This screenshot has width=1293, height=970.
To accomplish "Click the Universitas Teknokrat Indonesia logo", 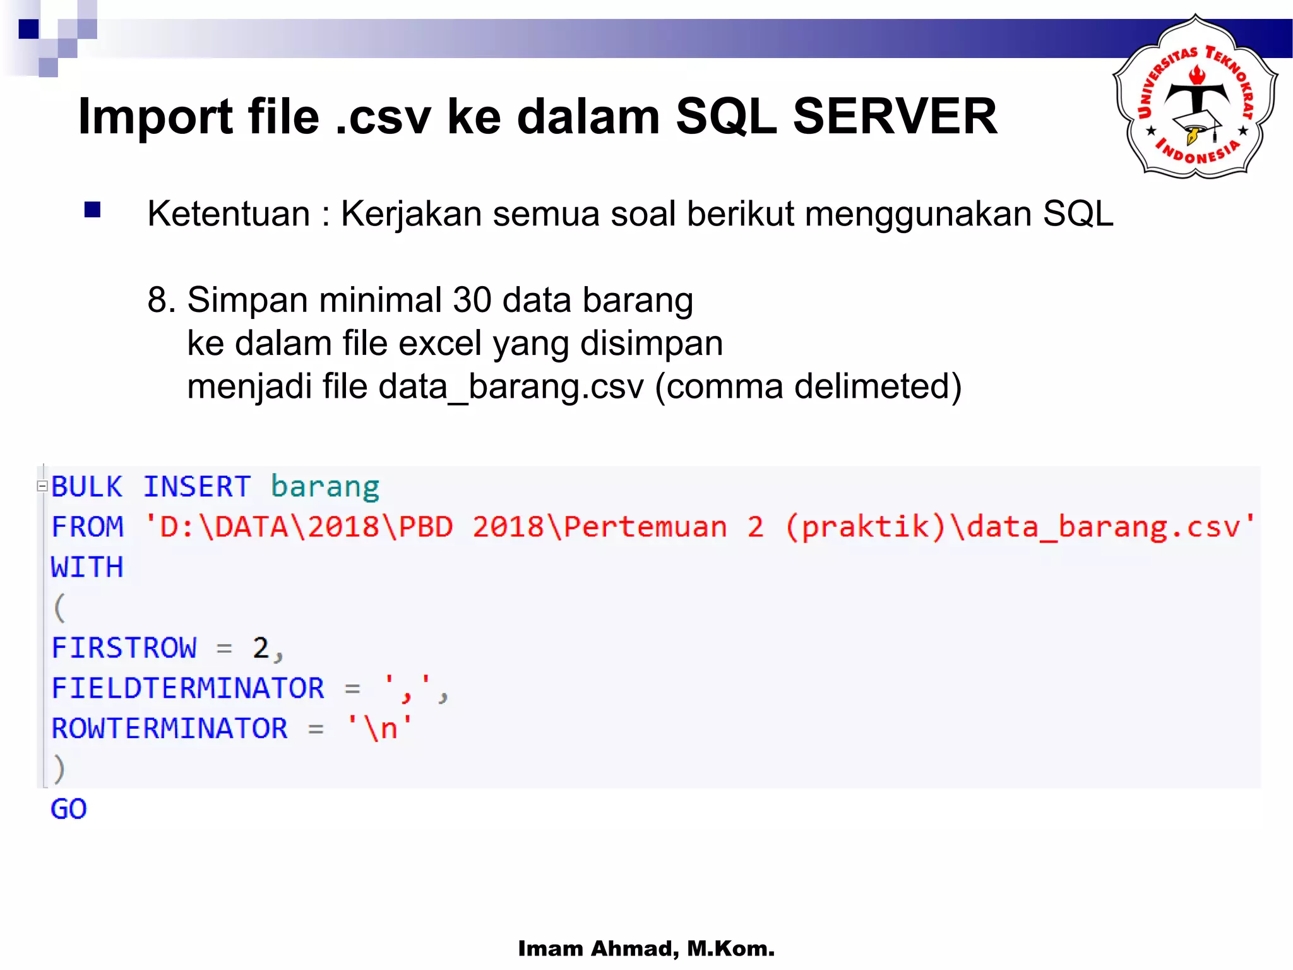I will pyautogui.click(x=1195, y=97).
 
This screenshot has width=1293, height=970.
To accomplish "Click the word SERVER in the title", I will pyautogui.click(x=895, y=117).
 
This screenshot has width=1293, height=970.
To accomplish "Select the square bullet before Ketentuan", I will pyautogui.click(x=93, y=210).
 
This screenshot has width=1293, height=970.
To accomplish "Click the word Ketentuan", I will pyautogui.click(x=229, y=213).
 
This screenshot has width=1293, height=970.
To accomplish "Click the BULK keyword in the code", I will pyautogui.click(x=86, y=487).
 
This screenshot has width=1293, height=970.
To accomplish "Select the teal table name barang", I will pyautogui.click(x=325, y=487).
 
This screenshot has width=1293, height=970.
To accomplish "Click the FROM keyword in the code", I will pyautogui.click(x=87, y=527).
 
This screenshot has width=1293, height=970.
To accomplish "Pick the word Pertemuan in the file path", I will pyautogui.click(x=645, y=527).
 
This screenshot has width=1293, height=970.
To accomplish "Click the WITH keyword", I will pyautogui.click(x=87, y=567).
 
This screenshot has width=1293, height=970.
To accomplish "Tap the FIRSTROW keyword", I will pyautogui.click(x=124, y=648).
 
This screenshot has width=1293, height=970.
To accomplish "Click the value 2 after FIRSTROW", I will pyautogui.click(x=261, y=648).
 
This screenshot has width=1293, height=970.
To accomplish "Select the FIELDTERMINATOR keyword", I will pyautogui.click(x=188, y=688).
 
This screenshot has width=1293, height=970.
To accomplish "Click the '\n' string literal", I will pyautogui.click(x=380, y=728).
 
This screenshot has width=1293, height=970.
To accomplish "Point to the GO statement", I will pyautogui.click(x=69, y=809).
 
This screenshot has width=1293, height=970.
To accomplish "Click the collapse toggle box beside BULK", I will pyautogui.click(x=42, y=486).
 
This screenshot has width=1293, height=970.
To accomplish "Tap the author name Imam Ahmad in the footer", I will pyautogui.click(x=598, y=949).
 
